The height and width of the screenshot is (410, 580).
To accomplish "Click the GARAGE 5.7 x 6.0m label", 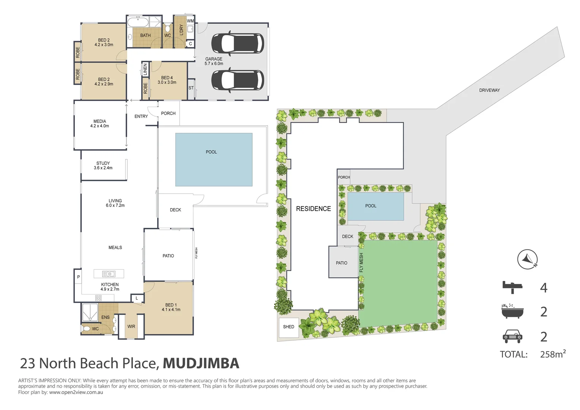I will [x=214, y=61].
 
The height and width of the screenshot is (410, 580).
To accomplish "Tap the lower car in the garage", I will [x=237, y=80].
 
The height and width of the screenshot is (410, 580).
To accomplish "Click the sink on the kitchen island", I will [x=109, y=274].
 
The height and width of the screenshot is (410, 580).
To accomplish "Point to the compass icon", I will [x=528, y=260].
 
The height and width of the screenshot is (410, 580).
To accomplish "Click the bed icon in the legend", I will [x=512, y=287].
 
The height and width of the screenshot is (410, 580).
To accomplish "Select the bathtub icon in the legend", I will [x=512, y=311].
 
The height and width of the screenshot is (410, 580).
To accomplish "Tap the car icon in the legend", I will [x=512, y=336].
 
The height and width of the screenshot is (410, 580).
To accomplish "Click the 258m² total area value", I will [x=552, y=354].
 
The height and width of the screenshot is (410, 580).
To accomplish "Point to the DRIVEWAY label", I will [x=489, y=90].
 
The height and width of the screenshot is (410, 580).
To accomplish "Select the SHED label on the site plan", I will [x=288, y=326].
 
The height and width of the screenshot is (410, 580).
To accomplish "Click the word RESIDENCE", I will [x=313, y=209].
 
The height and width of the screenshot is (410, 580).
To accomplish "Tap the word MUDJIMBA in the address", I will [x=201, y=363].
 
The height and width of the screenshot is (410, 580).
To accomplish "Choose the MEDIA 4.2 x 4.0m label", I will [x=99, y=124].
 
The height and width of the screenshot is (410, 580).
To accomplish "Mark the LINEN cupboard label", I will [x=145, y=69].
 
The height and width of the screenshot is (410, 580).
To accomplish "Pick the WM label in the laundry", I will [x=190, y=21].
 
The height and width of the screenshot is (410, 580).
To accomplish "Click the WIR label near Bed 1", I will [x=131, y=326].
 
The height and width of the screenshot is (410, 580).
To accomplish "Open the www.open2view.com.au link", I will [x=76, y=392].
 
